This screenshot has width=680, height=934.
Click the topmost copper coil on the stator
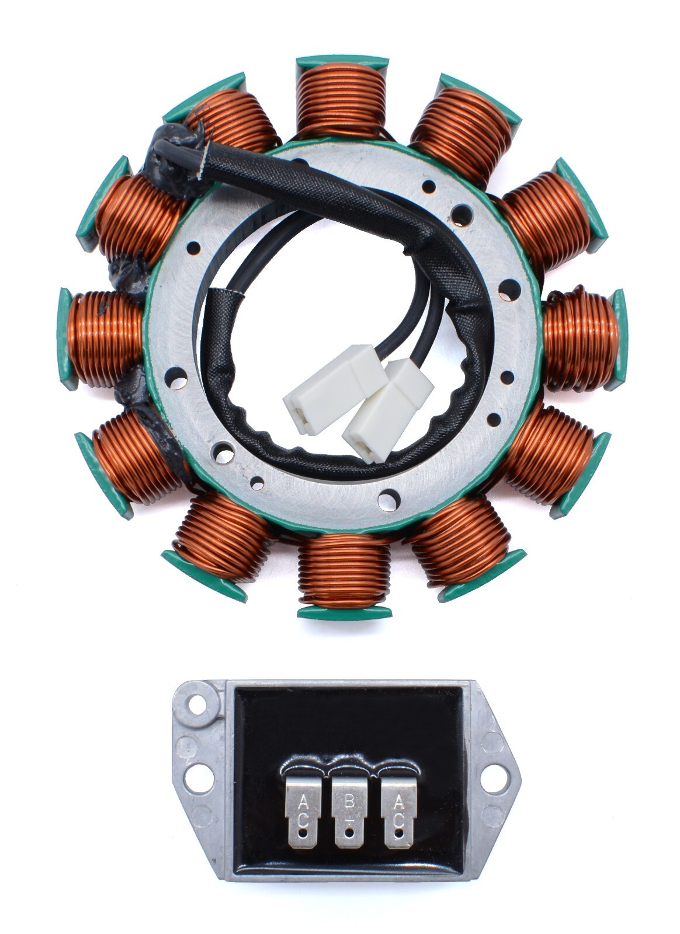(x=342, y=99)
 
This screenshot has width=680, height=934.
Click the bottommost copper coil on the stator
(x=344, y=570)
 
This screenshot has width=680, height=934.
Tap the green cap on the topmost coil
(x=342, y=61)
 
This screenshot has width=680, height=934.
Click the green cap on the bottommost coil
(x=344, y=612)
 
